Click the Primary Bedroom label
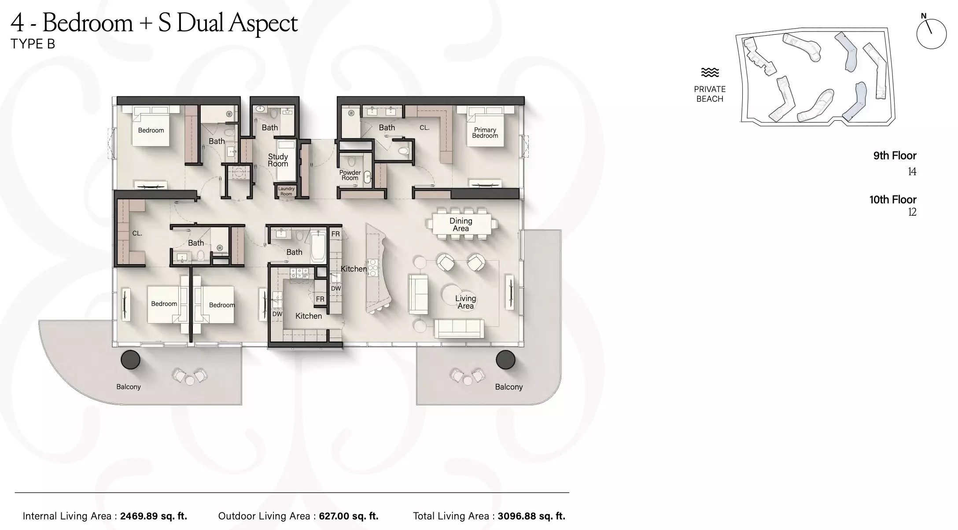(485, 132)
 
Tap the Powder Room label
(350, 175)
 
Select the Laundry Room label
(286, 191)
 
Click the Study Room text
(278, 160)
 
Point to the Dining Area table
(461, 225)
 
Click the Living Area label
(465, 302)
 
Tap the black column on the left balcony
(130, 360)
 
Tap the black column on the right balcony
(505, 360)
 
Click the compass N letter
(924, 16)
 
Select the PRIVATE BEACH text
(710, 94)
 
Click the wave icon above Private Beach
(710, 72)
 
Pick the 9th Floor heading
(895, 155)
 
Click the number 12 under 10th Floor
(912, 212)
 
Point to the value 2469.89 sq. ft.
(154, 516)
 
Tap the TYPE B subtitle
(33, 44)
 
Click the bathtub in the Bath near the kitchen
(318, 247)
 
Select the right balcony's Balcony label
(508, 387)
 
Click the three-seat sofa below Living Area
(459, 328)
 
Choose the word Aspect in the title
(263, 23)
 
